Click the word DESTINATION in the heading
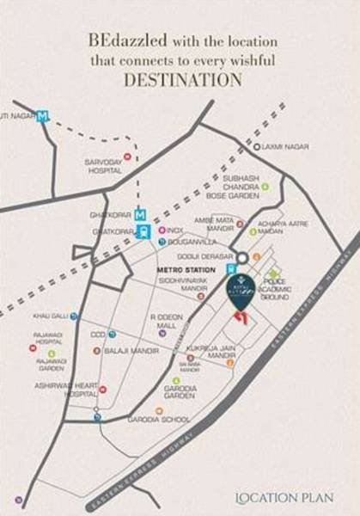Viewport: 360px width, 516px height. click(180, 81)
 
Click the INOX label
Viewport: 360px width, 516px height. click(174, 230)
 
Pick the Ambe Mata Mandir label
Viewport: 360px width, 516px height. click(215, 224)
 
